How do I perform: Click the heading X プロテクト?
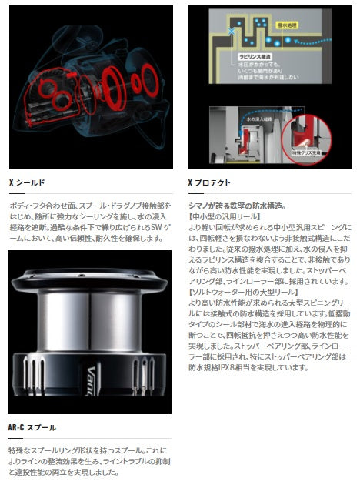[209, 183]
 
